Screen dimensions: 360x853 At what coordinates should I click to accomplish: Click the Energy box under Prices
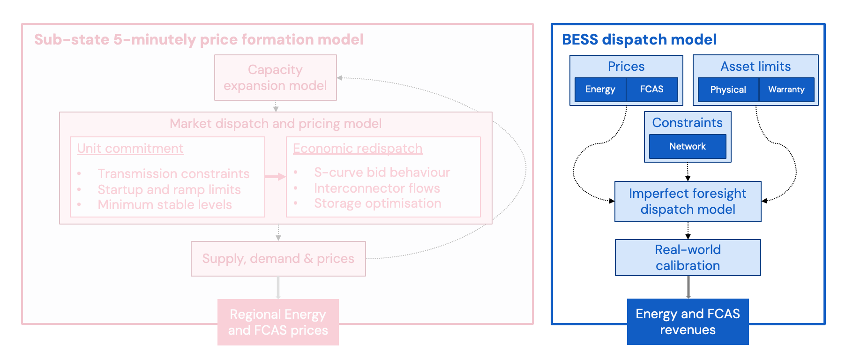tap(600, 90)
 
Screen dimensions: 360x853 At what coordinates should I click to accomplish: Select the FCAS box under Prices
tap(652, 90)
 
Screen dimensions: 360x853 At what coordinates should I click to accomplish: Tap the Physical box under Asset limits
tap(728, 90)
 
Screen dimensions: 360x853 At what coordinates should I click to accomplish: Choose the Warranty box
tap(786, 90)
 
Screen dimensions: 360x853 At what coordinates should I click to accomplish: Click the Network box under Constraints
tap(688, 146)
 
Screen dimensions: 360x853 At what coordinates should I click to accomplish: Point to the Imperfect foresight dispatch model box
tap(688, 202)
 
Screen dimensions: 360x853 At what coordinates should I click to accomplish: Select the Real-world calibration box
tap(688, 257)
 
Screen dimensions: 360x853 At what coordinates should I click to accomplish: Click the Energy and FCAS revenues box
tap(688, 322)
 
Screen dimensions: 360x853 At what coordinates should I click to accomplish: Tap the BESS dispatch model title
tap(639, 39)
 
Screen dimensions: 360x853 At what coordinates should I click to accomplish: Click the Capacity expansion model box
tap(275, 77)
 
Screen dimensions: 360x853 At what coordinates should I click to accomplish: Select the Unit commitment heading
tap(130, 149)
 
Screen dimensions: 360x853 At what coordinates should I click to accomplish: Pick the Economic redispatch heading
tap(358, 149)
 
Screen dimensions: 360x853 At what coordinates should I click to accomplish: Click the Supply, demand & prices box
tap(278, 259)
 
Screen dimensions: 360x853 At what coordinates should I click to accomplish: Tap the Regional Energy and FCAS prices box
tap(278, 322)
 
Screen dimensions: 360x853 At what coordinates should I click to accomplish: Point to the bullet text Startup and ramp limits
tap(169, 189)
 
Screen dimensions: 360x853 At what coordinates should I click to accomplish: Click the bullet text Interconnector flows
tap(377, 188)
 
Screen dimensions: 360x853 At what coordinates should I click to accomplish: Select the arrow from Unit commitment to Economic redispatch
tap(275, 177)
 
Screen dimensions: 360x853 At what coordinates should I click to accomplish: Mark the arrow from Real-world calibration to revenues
tap(688, 287)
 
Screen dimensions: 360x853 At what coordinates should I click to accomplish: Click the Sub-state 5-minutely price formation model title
tap(199, 39)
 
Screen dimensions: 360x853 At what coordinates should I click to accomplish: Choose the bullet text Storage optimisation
tap(378, 203)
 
